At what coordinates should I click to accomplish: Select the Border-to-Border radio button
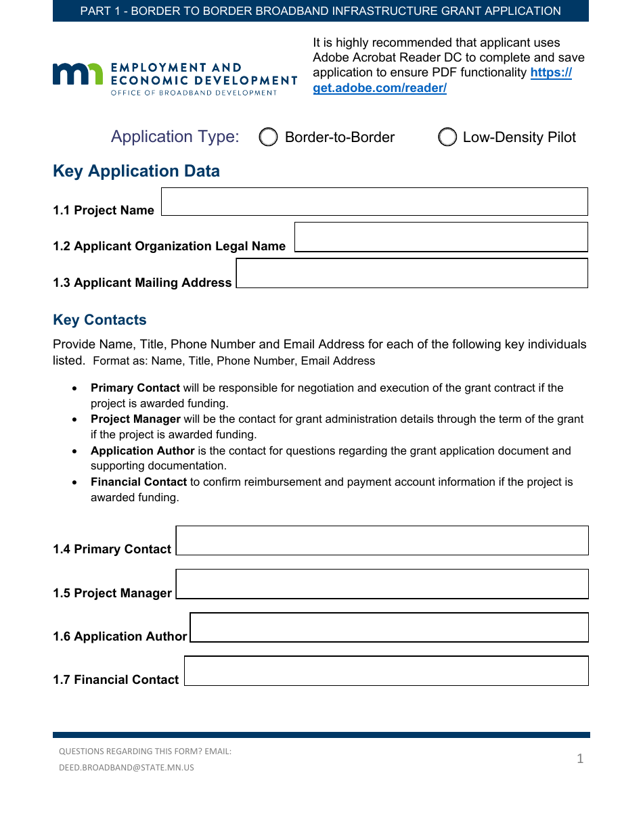pos(269,137)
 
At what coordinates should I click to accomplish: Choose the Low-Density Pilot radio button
pos(447,137)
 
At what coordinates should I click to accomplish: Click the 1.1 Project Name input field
pos(374,202)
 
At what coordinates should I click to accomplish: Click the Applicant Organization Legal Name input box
pos(441,237)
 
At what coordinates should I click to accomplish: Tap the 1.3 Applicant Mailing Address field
pos(412,273)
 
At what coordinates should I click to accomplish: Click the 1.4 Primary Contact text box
pos(382,540)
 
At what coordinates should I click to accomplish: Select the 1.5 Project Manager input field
pos(382,584)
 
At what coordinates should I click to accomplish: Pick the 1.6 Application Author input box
pos(389,627)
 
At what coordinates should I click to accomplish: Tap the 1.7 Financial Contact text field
pos(386,670)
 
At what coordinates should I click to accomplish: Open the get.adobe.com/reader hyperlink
pos(380,88)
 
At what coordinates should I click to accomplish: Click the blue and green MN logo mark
pos(78,74)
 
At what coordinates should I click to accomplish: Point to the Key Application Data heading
pos(136,171)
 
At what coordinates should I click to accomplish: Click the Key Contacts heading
pos(99,320)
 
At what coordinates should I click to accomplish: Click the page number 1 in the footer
pos(580,759)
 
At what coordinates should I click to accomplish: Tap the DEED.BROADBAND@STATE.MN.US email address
pos(127,768)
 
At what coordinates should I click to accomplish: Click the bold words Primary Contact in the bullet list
pos(135,388)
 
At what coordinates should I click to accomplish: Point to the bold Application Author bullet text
pos(143,451)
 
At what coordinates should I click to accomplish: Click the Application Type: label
pos(175,137)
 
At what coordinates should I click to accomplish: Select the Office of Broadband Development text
pos(194,93)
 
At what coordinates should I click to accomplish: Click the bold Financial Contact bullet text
pos(139,482)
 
